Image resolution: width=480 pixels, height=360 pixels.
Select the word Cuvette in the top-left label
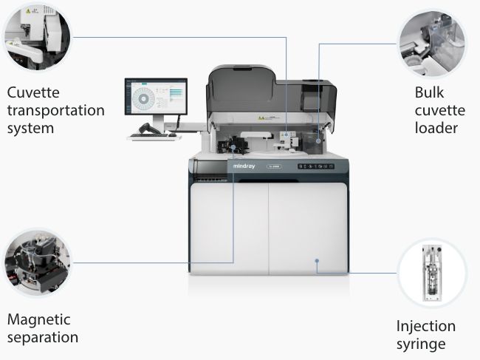point(33,93)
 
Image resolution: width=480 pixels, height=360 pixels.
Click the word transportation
point(55,110)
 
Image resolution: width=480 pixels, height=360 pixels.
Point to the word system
point(32,128)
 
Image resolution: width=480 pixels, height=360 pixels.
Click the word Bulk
point(430,94)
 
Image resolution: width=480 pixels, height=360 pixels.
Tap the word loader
point(436,128)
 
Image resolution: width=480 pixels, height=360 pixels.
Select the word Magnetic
point(38,320)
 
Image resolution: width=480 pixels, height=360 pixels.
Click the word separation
point(43,338)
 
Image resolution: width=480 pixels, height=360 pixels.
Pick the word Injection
point(426,326)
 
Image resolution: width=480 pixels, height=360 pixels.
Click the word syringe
point(421,344)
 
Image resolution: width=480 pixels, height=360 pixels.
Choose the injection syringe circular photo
point(432,272)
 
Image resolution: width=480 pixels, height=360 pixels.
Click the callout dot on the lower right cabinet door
point(317,260)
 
